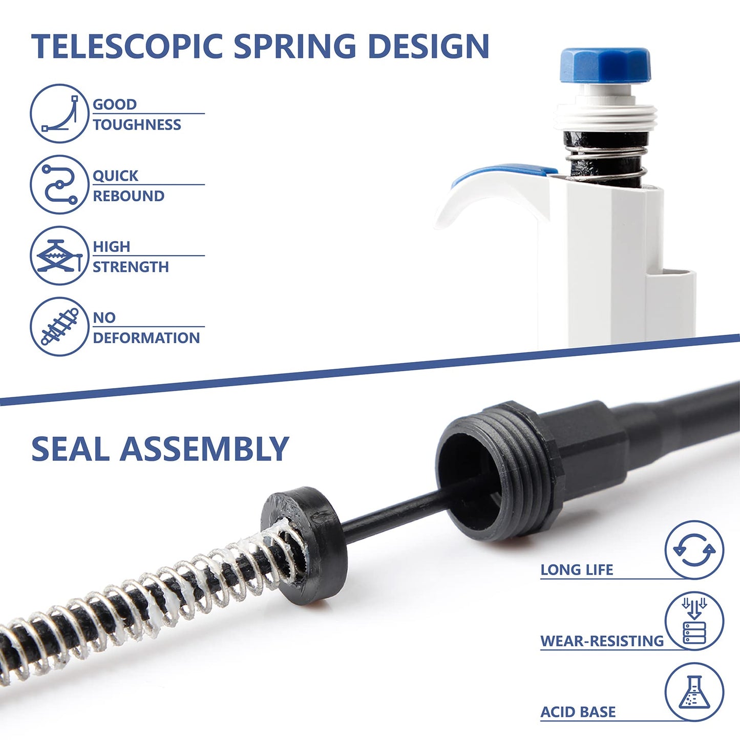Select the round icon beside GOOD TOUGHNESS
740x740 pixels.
59,113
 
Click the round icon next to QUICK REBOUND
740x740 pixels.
59,184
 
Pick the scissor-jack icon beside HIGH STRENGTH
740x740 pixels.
59,255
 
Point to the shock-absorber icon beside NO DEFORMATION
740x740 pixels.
59,326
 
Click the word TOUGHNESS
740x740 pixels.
137,125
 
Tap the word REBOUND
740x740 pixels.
129,196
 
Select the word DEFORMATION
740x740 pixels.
146,338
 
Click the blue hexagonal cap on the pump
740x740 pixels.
605,65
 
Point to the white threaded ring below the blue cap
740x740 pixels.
606,117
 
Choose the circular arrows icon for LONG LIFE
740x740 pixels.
694,550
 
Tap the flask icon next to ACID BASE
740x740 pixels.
694,692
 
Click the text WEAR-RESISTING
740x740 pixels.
602,641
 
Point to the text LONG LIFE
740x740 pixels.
577,570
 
